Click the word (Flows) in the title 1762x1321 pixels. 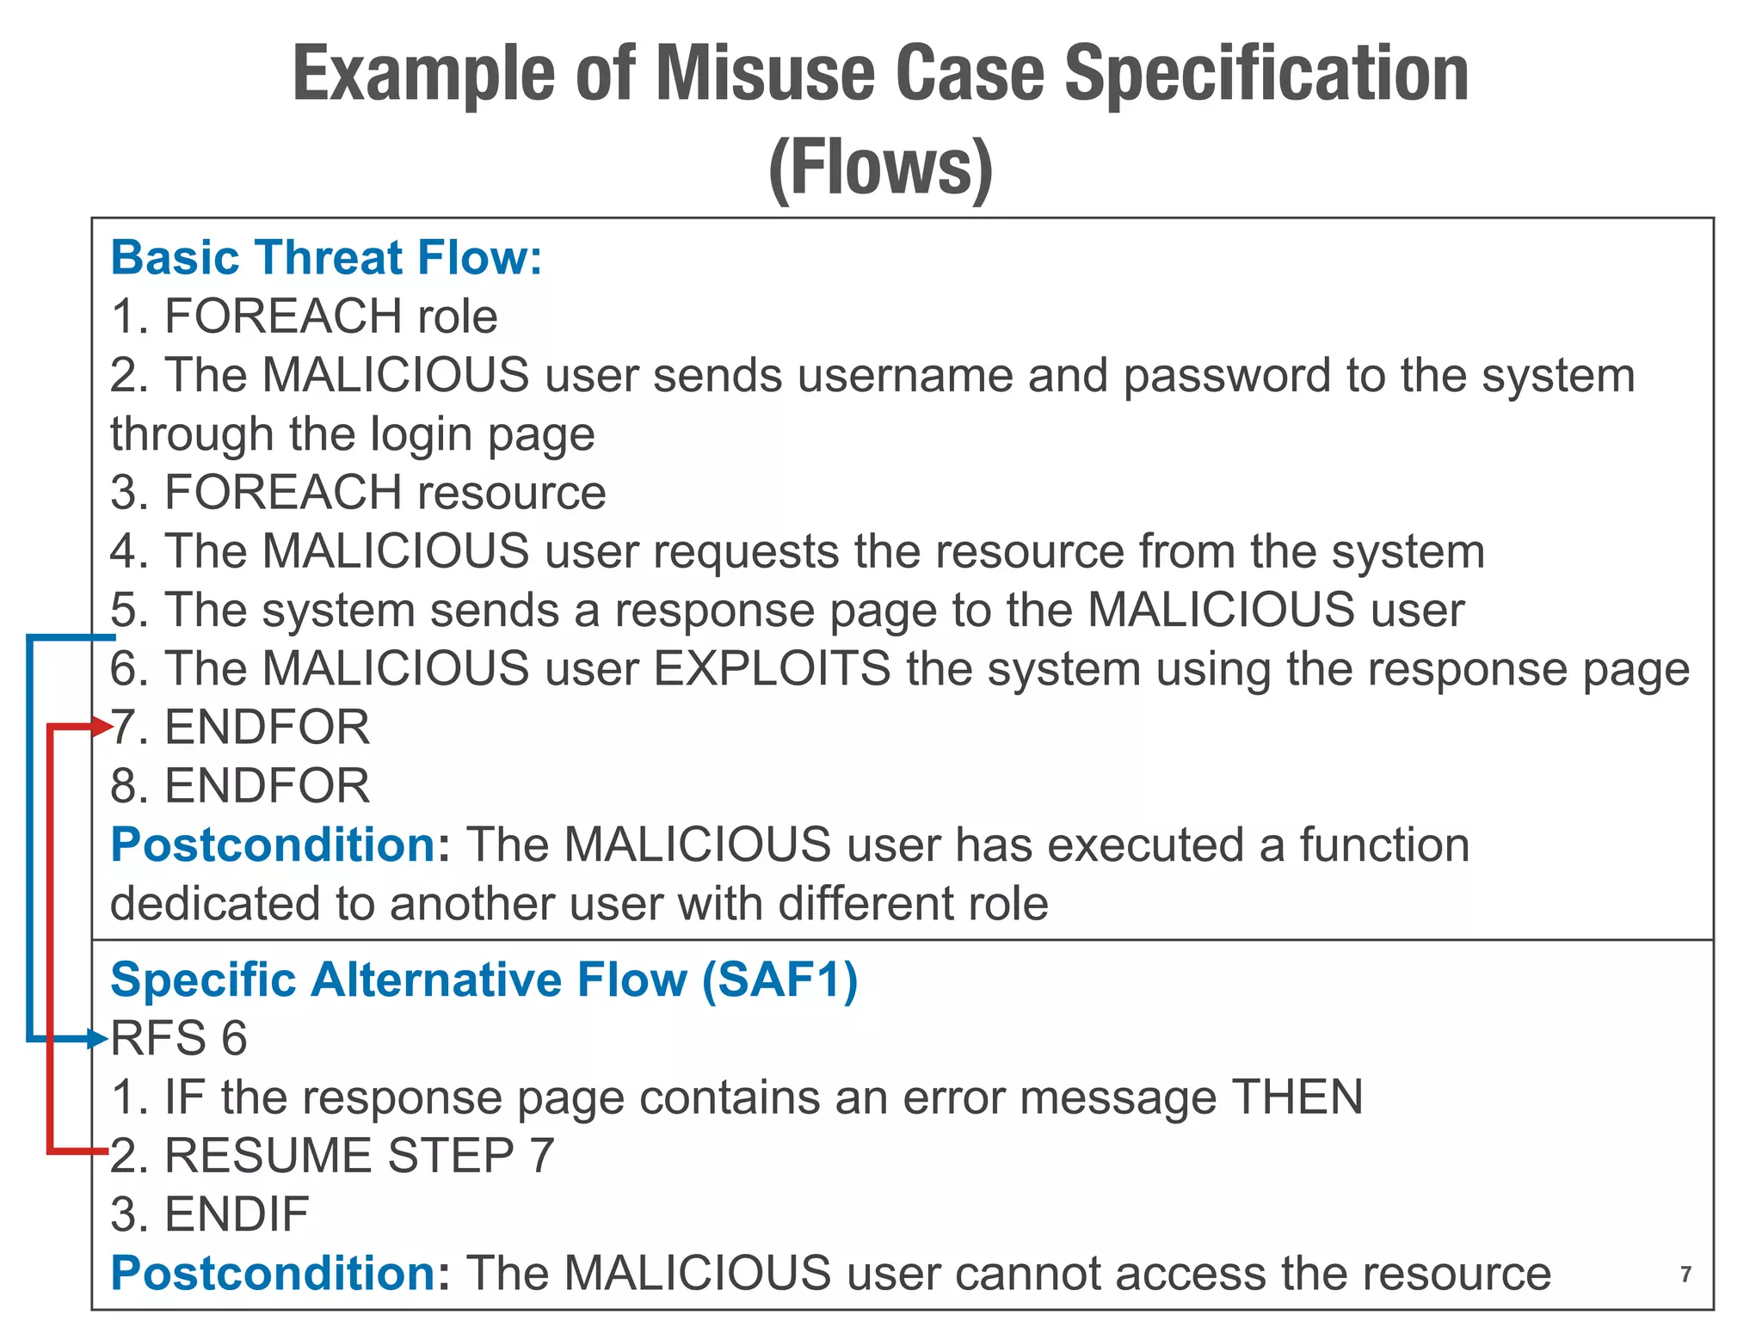point(880,168)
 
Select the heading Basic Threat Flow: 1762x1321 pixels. point(327,258)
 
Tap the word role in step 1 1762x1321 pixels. point(457,316)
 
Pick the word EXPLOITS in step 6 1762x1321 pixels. point(772,669)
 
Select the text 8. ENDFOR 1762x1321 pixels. point(240,786)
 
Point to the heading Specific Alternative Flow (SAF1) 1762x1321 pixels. point(484,980)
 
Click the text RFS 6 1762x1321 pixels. point(179,1039)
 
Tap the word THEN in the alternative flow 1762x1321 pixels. point(1297,1097)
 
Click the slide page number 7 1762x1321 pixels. point(1685,1274)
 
